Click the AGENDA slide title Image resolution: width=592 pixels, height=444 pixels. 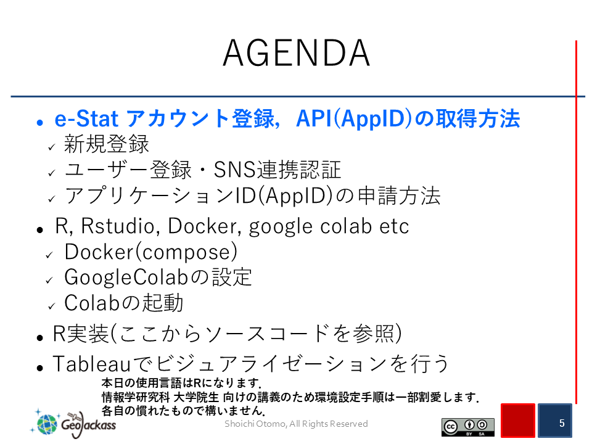pyautogui.click(x=296, y=53)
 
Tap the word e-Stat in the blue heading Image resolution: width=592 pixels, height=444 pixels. pyautogui.click(x=86, y=118)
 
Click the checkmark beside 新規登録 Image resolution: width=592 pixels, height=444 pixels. pyautogui.click(x=52, y=147)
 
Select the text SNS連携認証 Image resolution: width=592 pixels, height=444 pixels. pyautogui.click(x=277, y=170)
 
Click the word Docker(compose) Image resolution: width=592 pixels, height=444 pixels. pyautogui.click(x=151, y=252)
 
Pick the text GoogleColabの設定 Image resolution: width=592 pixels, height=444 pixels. pyautogui.click(x=158, y=277)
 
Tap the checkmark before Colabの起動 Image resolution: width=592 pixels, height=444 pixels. pyautogui.click(x=52, y=306)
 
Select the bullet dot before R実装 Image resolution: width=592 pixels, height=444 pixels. pyautogui.click(x=40, y=337)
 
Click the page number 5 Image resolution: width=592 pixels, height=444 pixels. pyautogui.click(x=562, y=423)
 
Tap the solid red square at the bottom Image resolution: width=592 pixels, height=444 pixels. pyautogui.click(x=518, y=421)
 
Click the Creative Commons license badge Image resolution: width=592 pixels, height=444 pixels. pyautogui.click(x=468, y=427)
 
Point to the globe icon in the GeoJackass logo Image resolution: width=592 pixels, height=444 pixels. pyautogui.click(x=47, y=424)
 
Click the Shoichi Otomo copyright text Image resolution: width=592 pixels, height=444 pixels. pyautogui.click(x=296, y=424)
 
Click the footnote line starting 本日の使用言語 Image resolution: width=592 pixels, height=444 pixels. pyautogui.click(x=181, y=383)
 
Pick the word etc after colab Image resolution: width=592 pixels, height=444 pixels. pyautogui.click(x=394, y=226)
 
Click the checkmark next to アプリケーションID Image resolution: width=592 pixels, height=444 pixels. pyautogui.click(x=52, y=199)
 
